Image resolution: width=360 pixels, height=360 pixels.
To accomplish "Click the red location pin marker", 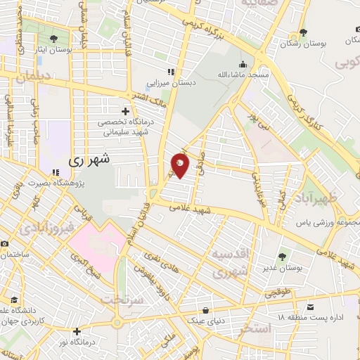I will tap(180, 165).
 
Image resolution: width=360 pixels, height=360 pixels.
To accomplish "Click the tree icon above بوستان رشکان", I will tap(302, 32).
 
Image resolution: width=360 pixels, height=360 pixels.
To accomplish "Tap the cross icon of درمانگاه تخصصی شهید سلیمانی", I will tap(125, 111).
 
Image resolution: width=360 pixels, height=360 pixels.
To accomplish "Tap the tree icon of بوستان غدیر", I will tap(282, 257).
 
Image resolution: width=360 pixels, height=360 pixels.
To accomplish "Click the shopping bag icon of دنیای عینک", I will tap(205, 309).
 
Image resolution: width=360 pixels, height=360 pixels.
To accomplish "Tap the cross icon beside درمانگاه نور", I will tap(77, 331).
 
